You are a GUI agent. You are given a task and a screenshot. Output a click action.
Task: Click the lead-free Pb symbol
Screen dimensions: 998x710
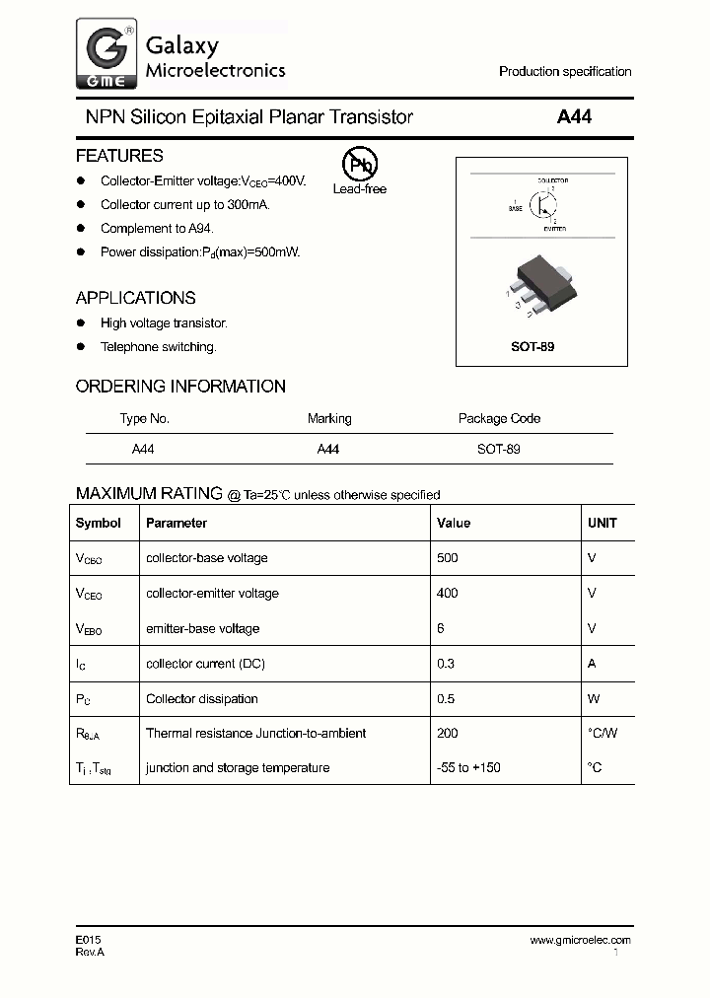pos(359,165)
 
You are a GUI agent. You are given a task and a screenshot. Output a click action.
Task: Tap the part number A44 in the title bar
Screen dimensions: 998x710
pos(574,117)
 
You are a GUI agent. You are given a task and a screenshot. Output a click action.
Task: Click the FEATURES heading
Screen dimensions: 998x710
pos(119,156)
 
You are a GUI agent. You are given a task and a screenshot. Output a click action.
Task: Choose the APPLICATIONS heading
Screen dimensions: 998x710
pos(135,298)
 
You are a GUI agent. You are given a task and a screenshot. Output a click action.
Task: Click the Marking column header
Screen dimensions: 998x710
pos(329,418)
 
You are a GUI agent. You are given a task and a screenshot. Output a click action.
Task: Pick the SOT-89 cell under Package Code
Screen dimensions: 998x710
pos(499,448)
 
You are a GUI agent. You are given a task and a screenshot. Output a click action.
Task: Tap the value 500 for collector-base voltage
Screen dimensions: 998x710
pos(448,558)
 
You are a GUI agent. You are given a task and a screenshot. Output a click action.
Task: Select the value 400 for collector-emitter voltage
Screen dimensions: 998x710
pos(448,593)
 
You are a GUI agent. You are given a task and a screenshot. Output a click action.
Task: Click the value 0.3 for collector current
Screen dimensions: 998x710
pos(446,664)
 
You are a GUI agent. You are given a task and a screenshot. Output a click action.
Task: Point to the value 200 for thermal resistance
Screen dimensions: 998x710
pos(448,733)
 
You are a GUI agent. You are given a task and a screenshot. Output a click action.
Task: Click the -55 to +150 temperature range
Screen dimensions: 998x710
pos(468,767)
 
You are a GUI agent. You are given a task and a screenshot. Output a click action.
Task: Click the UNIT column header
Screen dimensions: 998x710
pos(602,523)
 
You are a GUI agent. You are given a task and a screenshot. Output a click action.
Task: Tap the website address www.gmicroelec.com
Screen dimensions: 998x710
pos(580,940)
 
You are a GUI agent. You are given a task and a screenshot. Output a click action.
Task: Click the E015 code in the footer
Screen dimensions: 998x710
pos(88,940)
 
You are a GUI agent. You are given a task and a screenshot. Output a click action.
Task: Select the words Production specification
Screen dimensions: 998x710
pos(565,72)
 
